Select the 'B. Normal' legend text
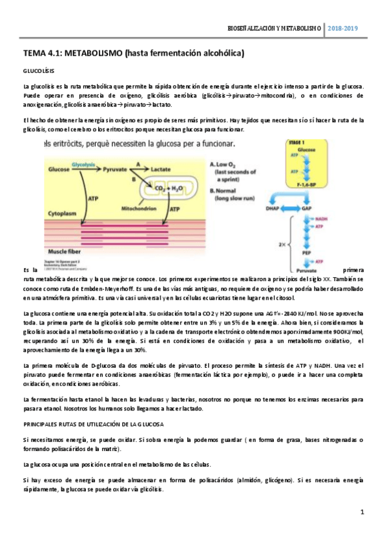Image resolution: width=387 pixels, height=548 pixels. click(227, 184)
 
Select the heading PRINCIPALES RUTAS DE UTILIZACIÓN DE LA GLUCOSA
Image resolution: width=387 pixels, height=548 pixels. click(93, 424)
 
